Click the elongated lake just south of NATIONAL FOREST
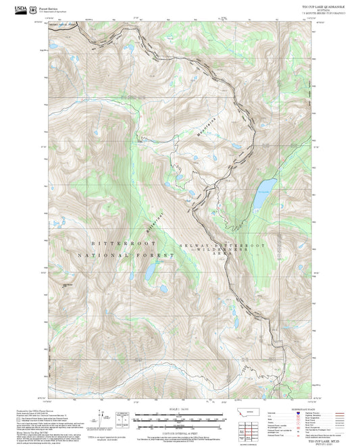pos(148,273)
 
